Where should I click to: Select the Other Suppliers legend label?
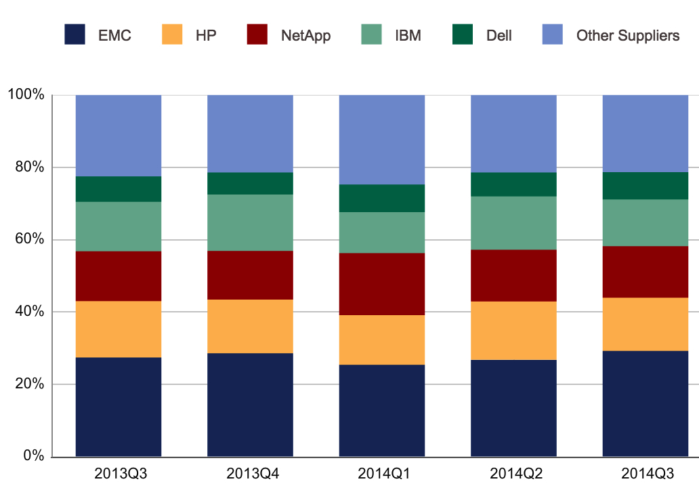pyautogui.click(x=627, y=35)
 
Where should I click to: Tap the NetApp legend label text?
pyautogui.click(x=305, y=35)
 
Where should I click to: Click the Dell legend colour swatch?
pyautogui.click(x=462, y=35)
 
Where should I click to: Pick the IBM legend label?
pyautogui.click(x=408, y=35)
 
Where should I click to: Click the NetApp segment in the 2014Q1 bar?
pyautogui.click(x=382, y=284)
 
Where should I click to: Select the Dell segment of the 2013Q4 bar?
pyautogui.click(x=250, y=183)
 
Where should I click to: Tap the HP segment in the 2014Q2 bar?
pyautogui.click(x=513, y=330)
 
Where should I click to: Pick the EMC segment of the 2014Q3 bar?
pyautogui.click(x=645, y=403)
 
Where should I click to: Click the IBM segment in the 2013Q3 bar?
pyautogui.click(x=119, y=226)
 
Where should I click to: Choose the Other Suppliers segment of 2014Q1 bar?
pyautogui.click(x=382, y=139)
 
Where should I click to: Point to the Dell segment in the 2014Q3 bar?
pyautogui.click(x=645, y=185)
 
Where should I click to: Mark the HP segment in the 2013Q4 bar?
pyautogui.click(x=250, y=326)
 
